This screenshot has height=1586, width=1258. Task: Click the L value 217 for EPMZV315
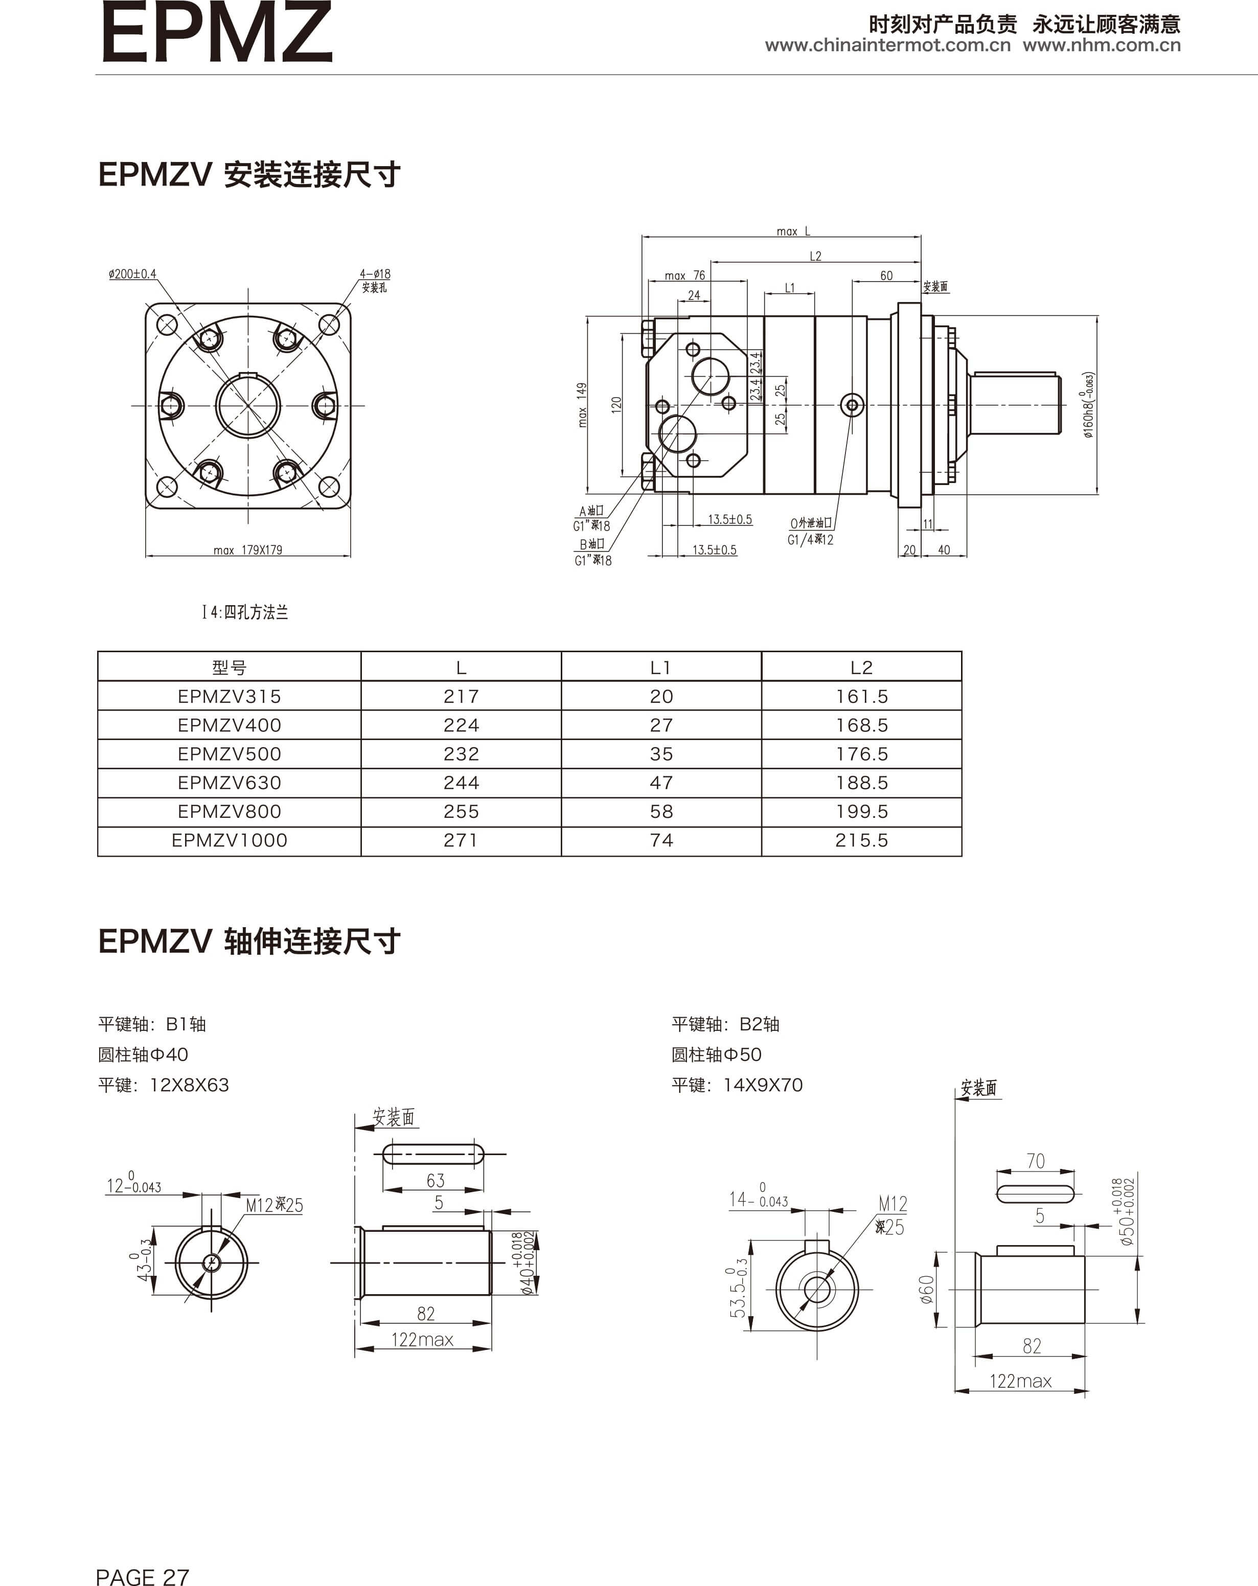point(461,696)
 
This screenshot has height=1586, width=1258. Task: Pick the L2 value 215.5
point(861,840)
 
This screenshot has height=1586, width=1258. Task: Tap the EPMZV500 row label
point(229,754)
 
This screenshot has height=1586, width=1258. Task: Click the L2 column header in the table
point(861,667)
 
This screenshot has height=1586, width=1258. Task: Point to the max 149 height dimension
point(582,405)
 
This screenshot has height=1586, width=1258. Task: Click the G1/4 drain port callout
point(810,539)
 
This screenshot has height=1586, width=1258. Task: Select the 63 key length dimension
point(436,1181)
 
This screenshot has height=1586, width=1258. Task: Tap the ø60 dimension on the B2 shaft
point(927,1290)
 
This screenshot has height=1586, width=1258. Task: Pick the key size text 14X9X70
point(763,1085)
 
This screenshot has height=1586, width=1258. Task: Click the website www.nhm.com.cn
point(1101,45)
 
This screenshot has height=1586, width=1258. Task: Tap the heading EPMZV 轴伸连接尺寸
point(249,941)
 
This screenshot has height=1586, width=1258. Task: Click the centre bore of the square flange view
point(248,405)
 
